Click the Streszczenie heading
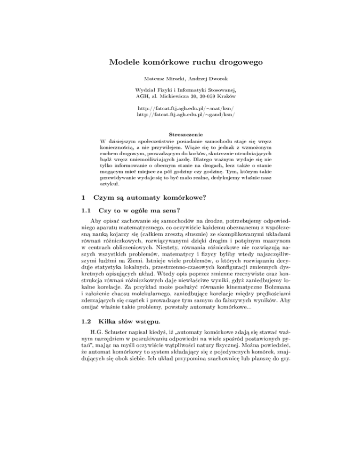(180, 134)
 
